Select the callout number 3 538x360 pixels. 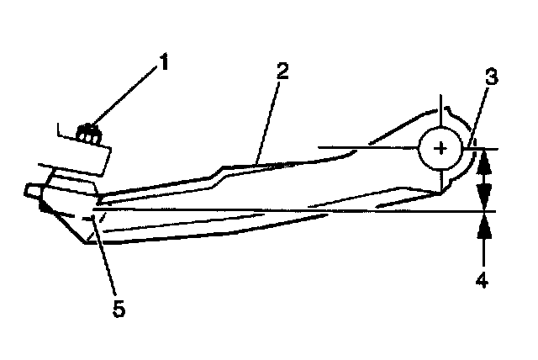tap(492, 78)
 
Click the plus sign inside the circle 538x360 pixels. tap(440, 149)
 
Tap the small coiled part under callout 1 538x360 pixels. tap(88, 131)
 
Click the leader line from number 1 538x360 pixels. tap(126, 98)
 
